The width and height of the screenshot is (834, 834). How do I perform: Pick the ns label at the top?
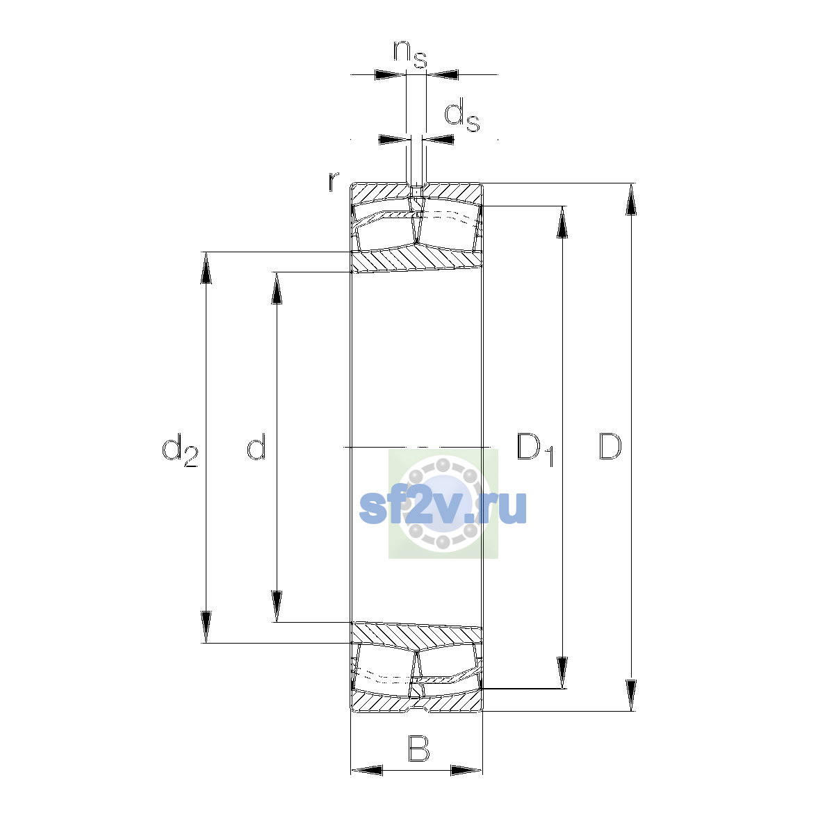(410, 54)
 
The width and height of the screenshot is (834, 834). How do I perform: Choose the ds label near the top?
(461, 115)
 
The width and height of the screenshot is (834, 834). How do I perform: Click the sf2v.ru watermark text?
(443, 509)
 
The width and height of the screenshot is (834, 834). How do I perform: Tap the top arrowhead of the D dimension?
(631, 199)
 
